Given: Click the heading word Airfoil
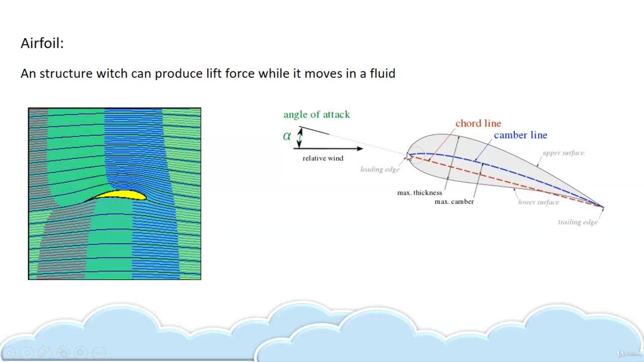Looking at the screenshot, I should point(42,44).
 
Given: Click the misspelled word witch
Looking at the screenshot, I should point(112,73).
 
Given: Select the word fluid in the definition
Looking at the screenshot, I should point(382,73).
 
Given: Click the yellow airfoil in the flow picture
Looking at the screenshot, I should point(121,195).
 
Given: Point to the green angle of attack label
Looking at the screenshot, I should point(316,115).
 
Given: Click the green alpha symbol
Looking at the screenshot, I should point(287,136).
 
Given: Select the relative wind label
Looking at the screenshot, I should point(323,158).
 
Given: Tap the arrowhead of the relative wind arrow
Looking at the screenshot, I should point(360,148).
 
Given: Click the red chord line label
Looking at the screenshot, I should point(478,123).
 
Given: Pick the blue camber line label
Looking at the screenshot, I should point(520,135).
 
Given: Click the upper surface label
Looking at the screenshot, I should point(563,153).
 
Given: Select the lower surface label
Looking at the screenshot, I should point(539,202).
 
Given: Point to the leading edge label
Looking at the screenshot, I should point(380,169).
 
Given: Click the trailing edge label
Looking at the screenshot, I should point(578,222).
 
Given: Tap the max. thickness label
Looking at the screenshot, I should point(420,193).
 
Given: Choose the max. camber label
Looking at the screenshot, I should point(454,202).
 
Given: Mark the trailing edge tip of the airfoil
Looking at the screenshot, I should point(603,207).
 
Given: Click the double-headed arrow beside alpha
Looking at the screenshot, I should point(300,137).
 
